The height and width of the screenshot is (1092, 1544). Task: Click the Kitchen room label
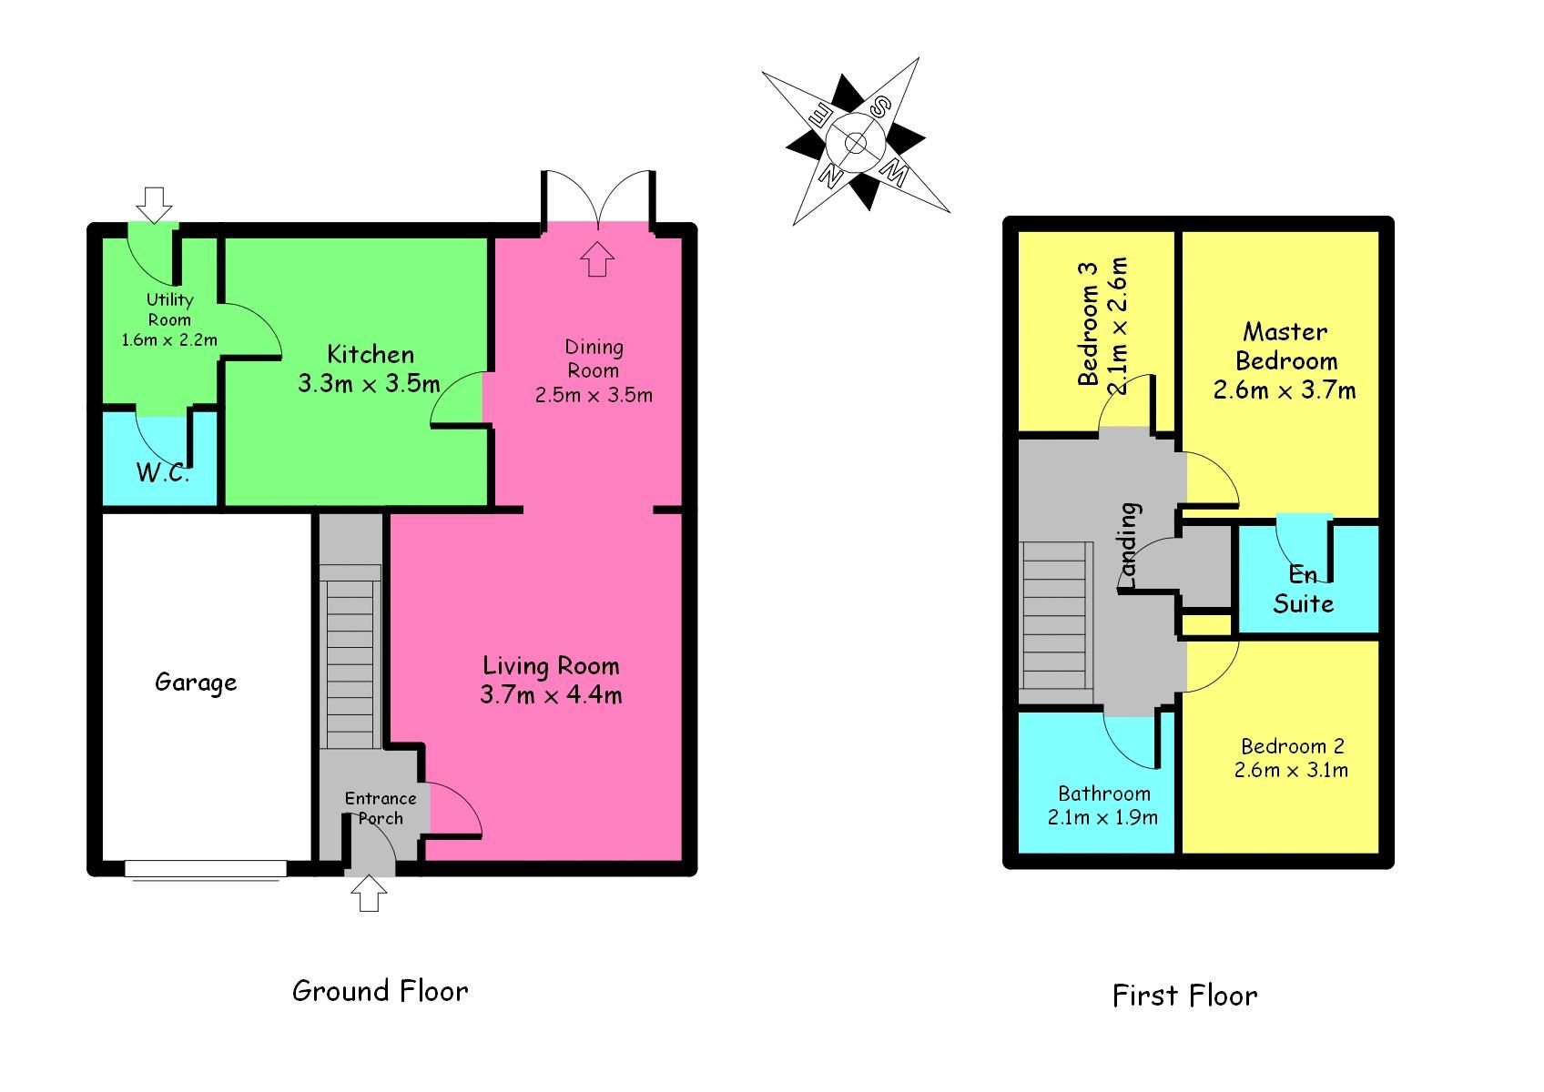click(x=371, y=355)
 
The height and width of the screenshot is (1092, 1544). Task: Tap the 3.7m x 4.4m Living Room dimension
click(x=551, y=696)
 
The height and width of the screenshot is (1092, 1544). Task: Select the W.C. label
click(x=163, y=472)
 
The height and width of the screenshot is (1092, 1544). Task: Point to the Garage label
click(x=196, y=682)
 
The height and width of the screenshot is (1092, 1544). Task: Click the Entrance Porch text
click(x=381, y=808)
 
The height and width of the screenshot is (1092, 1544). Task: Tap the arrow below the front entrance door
click(x=368, y=894)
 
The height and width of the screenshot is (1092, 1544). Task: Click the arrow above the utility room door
click(x=156, y=205)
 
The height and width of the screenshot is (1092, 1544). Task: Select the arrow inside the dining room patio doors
click(x=597, y=258)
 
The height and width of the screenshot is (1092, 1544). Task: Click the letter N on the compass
click(x=830, y=172)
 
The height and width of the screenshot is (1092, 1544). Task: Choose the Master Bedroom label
click(x=1285, y=347)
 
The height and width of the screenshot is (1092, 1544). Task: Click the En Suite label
click(x=1303, y=589)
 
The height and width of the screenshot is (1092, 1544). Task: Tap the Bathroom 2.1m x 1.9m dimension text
click(x=1102, y=817)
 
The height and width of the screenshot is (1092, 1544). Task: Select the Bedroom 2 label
click(x=1292, y=746)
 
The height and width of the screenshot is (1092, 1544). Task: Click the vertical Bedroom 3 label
click(x=1088, y=323)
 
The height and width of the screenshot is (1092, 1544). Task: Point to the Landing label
click(x=1129, y=544)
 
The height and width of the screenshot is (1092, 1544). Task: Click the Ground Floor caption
click(x=380, y=991)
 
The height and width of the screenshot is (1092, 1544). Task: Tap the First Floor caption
click(x=1184, y=996)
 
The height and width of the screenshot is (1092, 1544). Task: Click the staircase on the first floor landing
click(x=1056, y=616)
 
